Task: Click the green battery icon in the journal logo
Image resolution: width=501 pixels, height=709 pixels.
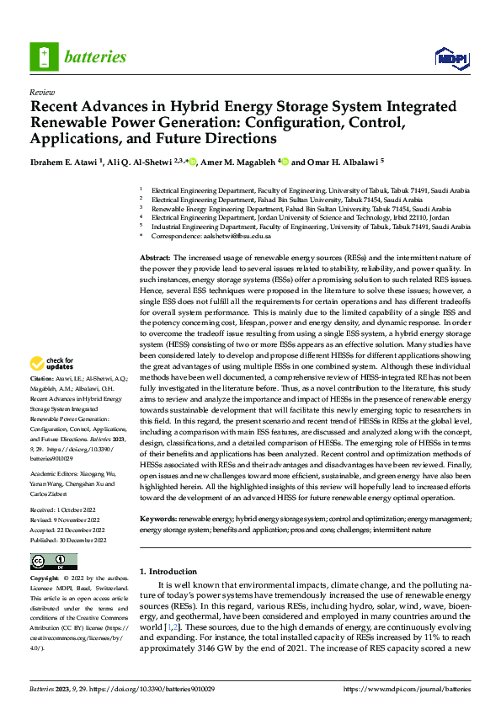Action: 43,56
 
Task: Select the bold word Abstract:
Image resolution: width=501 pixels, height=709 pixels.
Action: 155,256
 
